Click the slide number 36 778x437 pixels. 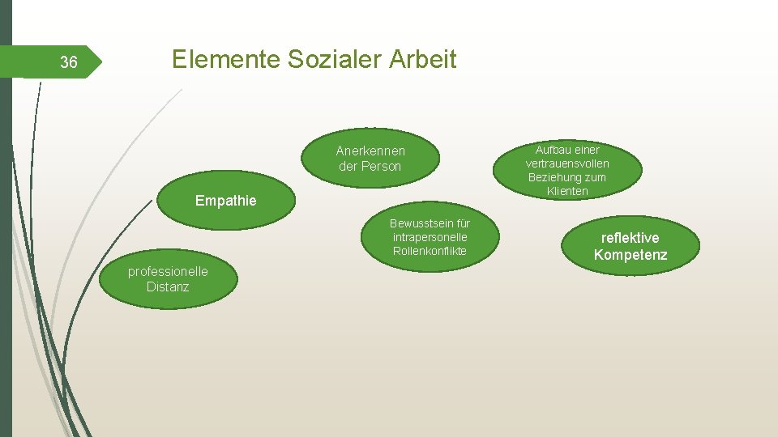69,62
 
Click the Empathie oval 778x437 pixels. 225,201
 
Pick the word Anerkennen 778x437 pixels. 370,151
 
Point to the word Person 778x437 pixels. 381,167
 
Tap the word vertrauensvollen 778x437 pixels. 567,163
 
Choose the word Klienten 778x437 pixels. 567,191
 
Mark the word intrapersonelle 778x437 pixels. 430,237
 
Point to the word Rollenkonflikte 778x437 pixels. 430,251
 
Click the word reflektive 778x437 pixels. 630,238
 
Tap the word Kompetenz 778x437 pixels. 630,256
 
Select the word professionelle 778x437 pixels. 168,272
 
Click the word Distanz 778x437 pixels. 168,286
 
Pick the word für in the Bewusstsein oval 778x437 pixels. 463,223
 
